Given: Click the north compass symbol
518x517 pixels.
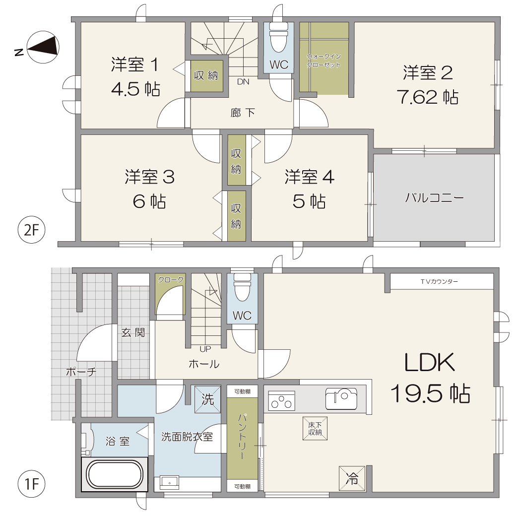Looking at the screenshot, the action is point(43,47).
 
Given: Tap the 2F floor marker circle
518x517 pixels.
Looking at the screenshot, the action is point(31,230).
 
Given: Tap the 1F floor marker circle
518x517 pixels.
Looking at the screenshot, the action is point(31,484).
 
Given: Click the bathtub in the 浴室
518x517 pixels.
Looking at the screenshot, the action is point(114,474).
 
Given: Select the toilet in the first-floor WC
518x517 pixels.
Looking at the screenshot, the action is point(242,287).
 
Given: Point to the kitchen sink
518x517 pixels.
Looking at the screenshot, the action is point(341,399).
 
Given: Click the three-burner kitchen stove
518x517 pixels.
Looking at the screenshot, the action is point(281,401).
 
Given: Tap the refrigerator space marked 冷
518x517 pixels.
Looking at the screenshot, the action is point(352,478).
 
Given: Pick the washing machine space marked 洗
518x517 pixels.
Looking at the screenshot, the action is point(207,399).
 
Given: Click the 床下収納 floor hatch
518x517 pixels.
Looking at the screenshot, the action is point(315,429).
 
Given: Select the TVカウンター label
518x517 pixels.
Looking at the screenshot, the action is point(439,281).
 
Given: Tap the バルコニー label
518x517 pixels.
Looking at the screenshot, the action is point(435,198).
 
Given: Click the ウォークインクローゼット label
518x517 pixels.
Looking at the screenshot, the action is point(324,61).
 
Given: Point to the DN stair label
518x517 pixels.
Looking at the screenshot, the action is point(243,81).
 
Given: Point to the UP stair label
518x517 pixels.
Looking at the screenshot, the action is point(205,349).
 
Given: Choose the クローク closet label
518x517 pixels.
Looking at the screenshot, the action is point(171,280).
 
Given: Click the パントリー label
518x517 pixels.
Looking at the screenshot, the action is point(242,437).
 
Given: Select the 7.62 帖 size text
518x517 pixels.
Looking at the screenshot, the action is point(428,97).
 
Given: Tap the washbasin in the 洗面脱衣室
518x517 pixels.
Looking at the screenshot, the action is point(169,482).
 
